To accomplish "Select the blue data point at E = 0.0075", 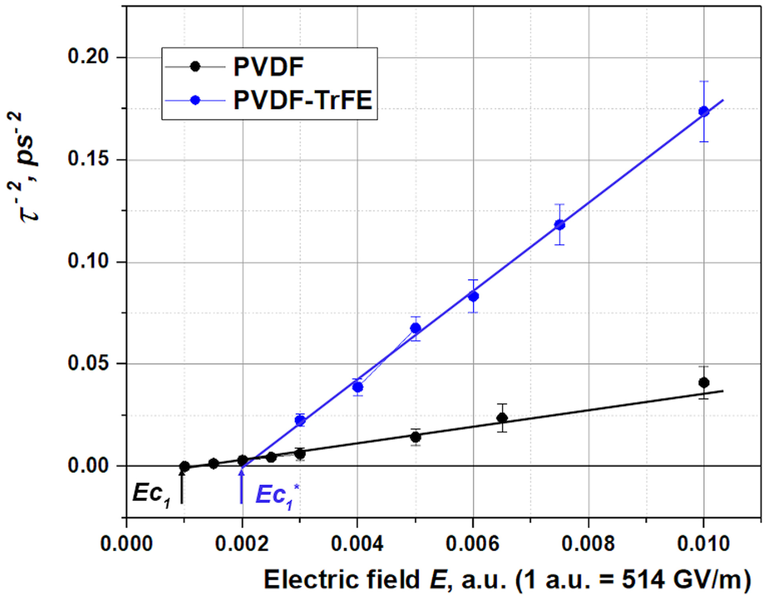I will pos(559,224).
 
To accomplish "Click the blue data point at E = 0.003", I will pos(300,420).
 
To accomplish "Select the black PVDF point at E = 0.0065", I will pos(502,418).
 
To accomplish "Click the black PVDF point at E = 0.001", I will pos(184,466).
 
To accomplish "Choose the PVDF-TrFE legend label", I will pos(303,100).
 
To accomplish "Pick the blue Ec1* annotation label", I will pos(276,495).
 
